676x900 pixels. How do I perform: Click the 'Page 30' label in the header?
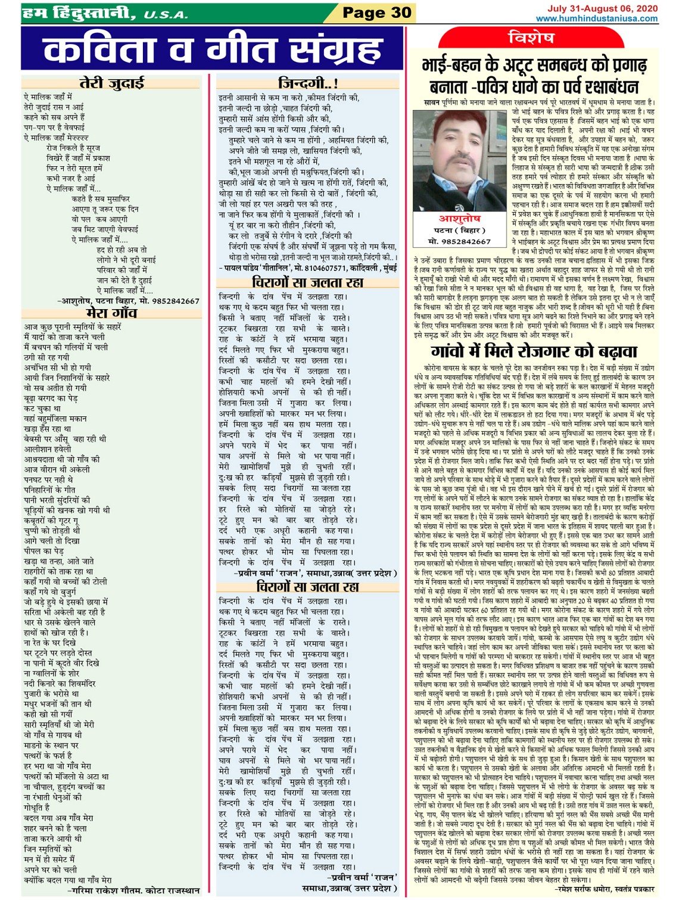376,13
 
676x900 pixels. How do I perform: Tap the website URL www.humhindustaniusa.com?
596,18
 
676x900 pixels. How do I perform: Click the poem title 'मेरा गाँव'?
111,313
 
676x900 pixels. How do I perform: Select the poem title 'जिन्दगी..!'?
309,84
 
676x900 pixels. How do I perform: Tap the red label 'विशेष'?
531,38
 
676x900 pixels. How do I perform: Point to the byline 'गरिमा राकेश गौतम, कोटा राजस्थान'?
135,890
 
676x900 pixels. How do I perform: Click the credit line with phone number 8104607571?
307,269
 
